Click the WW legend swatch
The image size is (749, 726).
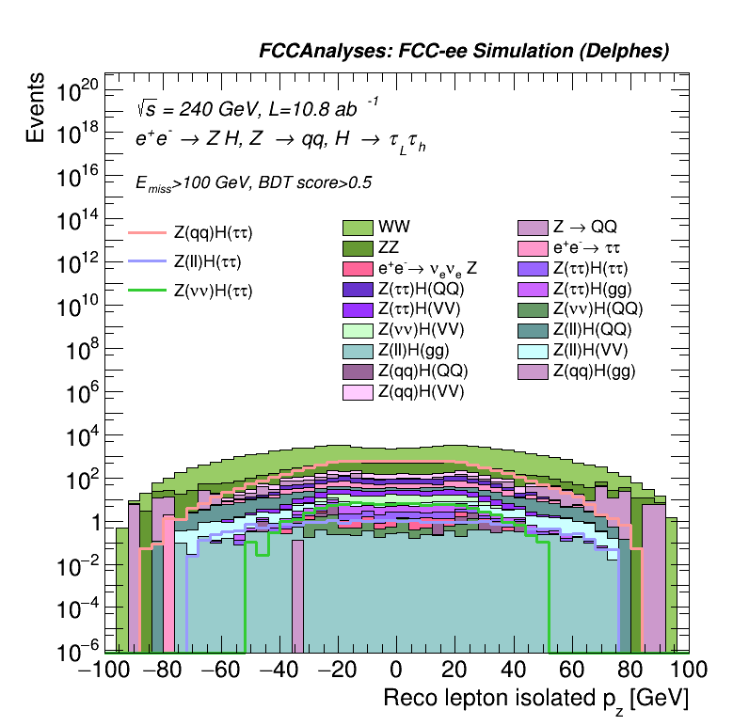pyautogui.click(x=358, y=227)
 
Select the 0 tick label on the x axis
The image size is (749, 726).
pyautogui.click(x=396, y=671)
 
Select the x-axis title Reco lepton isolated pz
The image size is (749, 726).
pyautogui.click(x=535, y=700)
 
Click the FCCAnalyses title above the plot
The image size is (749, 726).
pyautogui.click(x=464, y=52)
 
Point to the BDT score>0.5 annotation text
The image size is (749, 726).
pyautogui.click(x=311, y=182)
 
